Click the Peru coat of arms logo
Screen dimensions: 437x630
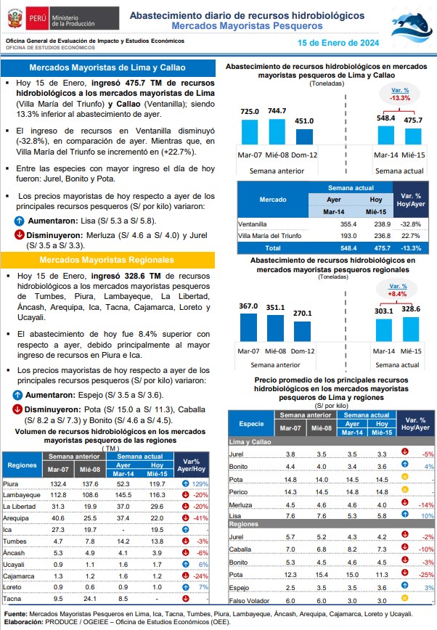point(15,18)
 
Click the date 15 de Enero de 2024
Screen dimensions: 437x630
point(338,43)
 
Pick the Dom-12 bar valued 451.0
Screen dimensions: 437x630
point(304,136)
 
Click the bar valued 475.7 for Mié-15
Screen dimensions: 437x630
point(413,136)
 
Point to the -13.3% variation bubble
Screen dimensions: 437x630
point(399,94)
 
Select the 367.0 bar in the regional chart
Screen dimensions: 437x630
point(248,327)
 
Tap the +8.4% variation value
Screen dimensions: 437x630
point(397,294)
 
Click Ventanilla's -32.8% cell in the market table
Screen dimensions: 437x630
point(410,224)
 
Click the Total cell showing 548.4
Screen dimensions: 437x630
point(348,248)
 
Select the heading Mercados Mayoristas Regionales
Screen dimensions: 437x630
point(107,260)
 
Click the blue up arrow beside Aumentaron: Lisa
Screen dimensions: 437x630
point(19,221)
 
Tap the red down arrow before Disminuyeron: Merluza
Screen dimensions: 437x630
point(19,234)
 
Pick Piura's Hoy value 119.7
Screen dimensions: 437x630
point(157,483)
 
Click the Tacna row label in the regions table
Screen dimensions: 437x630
point(12,599)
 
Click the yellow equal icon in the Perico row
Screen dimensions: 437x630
point(405,489)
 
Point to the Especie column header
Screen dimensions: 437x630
point(251,424)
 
